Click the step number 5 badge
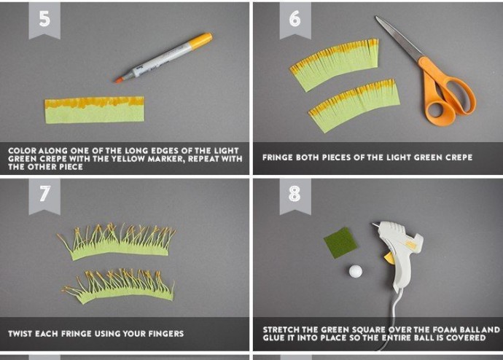coord(44,20)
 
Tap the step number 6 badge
coord(295,20)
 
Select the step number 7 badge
coord(44,195)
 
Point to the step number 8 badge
coord(295,195)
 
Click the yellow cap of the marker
coord(200,41)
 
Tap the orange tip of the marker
coord(119,80)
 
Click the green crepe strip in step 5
coord(94,109)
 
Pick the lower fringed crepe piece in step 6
coord(354,105)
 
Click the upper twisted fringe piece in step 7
coord(117,242)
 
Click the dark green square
coord(340,243)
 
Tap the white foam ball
coord(356,271)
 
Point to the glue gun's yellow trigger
coord(389,258)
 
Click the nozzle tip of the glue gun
coord(374,224)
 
